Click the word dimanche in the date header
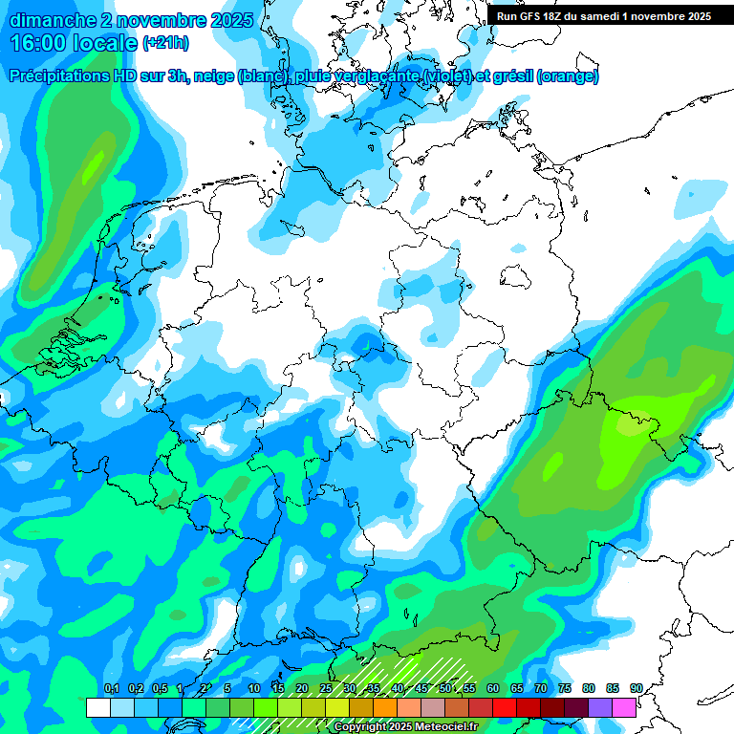coord(48,20)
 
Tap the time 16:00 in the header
coord(42,43)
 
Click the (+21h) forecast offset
coord(166,44)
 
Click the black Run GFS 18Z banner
coord(604,16)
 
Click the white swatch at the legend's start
coord(97,707)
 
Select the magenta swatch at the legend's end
coord(624,707)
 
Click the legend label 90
coord(636,688)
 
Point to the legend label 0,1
coord(111,688)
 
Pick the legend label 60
coord(492,688)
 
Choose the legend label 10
coord(253,688)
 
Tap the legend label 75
coord(564,688)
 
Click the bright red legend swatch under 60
coord(504,707)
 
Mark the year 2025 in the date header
coord(230,20)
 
